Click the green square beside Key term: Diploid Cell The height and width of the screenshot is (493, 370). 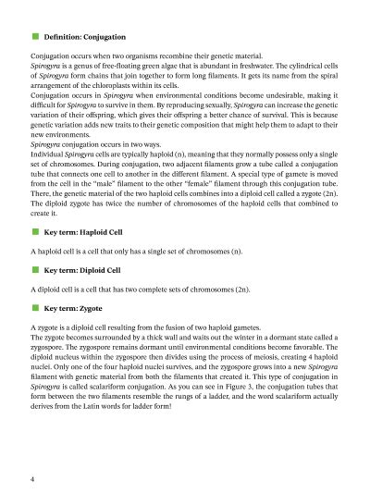click(x=35, y=270)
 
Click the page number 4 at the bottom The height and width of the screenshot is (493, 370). click(x=33, y=479)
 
